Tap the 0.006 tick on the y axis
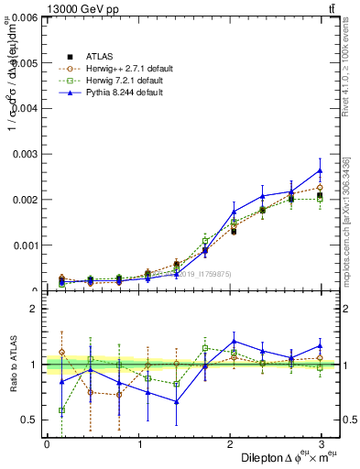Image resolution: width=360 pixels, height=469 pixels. (26, 16)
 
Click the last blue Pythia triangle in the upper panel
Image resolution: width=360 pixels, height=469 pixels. (320, 169)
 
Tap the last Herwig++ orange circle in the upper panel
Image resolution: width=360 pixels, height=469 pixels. (320, 187)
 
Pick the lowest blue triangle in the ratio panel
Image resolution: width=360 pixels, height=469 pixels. (176, 401)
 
